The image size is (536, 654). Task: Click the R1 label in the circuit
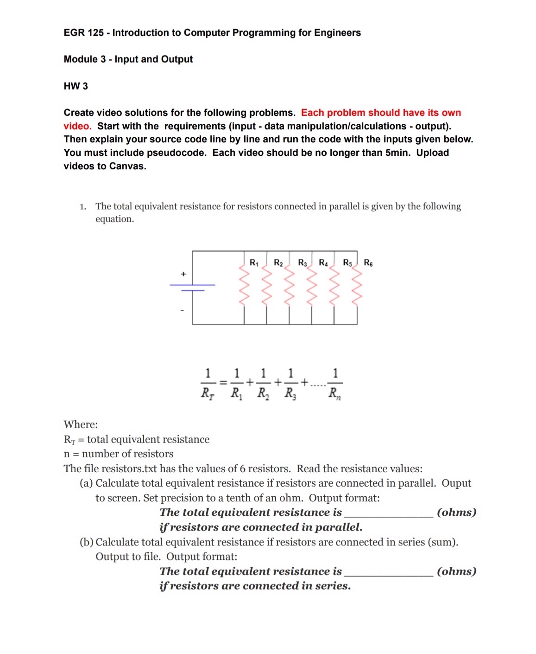254,263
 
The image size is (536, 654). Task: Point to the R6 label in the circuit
368,263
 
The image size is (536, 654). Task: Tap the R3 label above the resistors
303,263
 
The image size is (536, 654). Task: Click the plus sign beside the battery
183,274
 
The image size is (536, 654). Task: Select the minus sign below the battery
182,310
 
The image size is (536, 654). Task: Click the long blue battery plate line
192,284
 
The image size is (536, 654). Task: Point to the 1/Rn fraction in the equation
335,384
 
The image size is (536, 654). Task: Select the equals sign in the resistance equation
223,383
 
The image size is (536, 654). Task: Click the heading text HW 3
76,86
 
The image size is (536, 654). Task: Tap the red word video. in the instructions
77,126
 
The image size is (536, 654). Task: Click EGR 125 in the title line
84,32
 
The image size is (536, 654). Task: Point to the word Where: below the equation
81,424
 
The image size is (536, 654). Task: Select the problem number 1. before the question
83,207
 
